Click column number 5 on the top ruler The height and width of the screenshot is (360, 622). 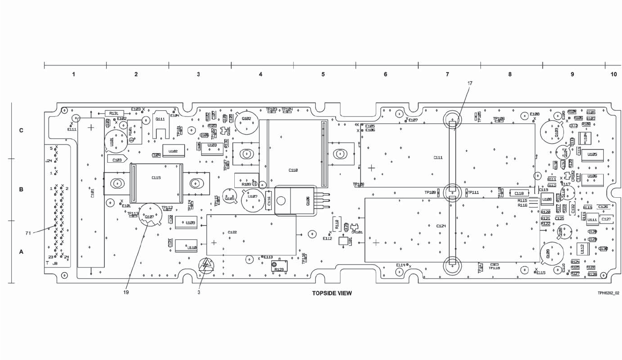[323, 74]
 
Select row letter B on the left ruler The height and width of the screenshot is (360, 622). [21, 190]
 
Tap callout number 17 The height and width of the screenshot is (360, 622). [470, 83]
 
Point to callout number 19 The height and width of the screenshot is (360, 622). [126, 292]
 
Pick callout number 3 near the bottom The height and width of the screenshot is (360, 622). [198, 292]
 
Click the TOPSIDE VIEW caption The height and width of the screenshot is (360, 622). [332, 294]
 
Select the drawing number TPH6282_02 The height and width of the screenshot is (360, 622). [608, 293]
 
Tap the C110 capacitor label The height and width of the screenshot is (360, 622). [293, 170]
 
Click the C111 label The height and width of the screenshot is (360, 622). [438, 158]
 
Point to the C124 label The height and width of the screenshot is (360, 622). [441, 226]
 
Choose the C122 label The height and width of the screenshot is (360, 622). [232, 232]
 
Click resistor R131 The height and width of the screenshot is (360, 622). [113, 113]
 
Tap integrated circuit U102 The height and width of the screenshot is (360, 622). [173, 151]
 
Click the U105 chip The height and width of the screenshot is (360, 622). [592, 155]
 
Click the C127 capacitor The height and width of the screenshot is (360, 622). [606, 219]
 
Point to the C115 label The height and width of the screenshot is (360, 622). [156, 178]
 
